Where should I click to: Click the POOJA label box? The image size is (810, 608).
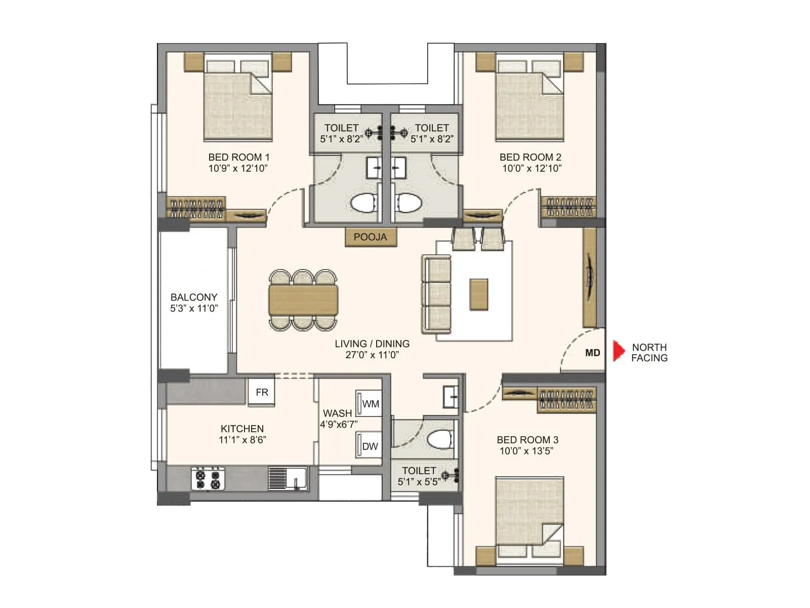pyautogui.click(x=370, y=237)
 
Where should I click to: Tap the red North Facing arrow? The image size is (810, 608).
pyautogui.click(x=618, y=351)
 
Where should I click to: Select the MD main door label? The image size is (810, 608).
pyautogui.click(x=592, y=353)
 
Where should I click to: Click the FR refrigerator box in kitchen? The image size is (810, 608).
pyautogui.click(x=262, y=392)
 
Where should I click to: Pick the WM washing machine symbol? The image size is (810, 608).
pyautogui.click(x=369, y=404)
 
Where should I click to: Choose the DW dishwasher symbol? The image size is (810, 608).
pyautogui.click(x=369, y=445)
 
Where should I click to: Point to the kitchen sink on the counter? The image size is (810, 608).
pyautogui.click(x=288, y=478)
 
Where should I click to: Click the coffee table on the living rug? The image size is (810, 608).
pyautogui.click(x=478, y=294)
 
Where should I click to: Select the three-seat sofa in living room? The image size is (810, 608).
pyautogui.click(x=436, y=294)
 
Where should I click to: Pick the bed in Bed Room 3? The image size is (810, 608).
pyautogui.click(x=530, y=519)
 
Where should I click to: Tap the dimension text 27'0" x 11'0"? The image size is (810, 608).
pyautogui.click(x=372, y=355)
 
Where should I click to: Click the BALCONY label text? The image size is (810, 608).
pyautogui.click(x=193, y=297)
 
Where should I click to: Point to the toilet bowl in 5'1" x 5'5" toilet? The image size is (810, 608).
pyautogui.click(x=439, y=439)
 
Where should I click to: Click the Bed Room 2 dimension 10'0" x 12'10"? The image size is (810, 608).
pyautogui.click(x=532, y=168)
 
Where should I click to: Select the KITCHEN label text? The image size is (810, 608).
pyautogui.click(x=242, y=429)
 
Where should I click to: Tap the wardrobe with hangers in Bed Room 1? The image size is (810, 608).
pyautogui.click(x=196, y=208)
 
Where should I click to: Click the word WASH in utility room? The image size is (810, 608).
pyautogui.click(x=337, y=413)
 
